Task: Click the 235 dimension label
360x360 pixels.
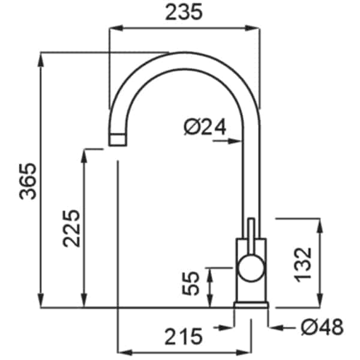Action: [184, 12]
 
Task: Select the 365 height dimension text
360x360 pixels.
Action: [28, 181]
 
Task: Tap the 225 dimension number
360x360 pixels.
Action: [71, 229]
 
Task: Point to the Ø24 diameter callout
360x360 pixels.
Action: [205, 127]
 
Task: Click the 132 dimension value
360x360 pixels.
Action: [303, 265]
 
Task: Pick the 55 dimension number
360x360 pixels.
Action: [190, 283]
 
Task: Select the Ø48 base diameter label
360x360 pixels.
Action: [322, 327]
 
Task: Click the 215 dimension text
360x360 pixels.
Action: [184, 337]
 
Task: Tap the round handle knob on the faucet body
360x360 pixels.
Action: [251, 268]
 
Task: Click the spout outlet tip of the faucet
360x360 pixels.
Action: [118, 139]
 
